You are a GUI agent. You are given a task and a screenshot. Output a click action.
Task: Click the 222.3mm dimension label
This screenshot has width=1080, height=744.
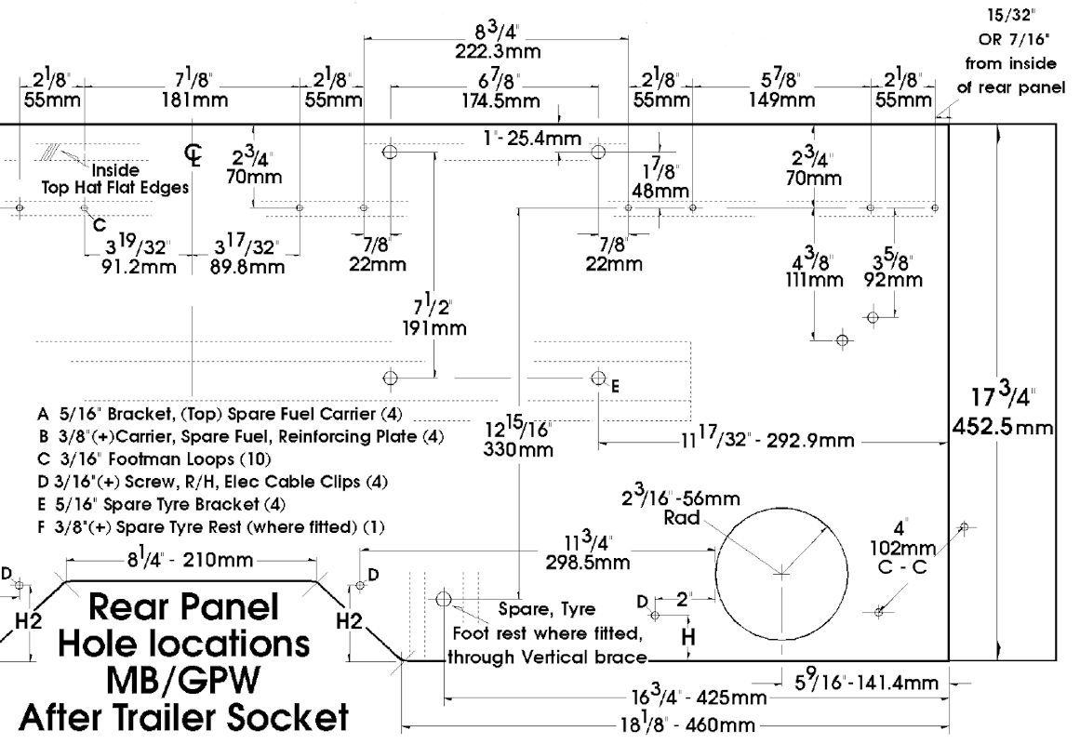tap(498, 51)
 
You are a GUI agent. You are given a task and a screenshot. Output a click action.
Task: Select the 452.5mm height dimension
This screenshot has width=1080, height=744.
tap(1003, 428)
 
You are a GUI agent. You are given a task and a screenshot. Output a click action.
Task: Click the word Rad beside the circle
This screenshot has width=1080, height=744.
tap(682, 519)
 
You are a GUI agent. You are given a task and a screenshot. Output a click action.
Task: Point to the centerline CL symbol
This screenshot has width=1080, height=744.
tap(193, 154)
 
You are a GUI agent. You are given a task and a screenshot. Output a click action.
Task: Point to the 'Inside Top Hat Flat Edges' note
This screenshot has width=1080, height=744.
tap(115, 179)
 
